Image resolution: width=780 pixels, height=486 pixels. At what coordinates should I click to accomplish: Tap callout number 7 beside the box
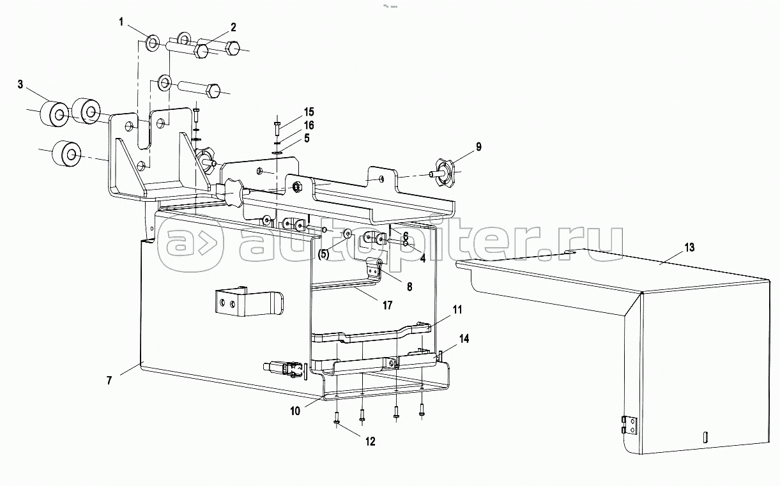[109, 381]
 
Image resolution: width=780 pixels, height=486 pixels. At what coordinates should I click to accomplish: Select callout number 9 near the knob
[478, 148]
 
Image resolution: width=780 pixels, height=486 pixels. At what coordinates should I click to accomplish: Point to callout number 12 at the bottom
[371, 441]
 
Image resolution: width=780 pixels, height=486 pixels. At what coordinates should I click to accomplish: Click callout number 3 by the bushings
[20, 84]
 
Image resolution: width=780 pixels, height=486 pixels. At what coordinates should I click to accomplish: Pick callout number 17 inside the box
[387, 305]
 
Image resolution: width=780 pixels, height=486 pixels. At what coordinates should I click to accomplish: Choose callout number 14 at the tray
[463, 339]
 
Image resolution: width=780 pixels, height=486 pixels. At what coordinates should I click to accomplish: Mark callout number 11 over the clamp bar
[457, 310]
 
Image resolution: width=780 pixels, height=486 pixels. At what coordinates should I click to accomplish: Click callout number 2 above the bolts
[233, 27]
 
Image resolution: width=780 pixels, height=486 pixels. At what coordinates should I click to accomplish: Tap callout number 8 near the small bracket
[409, 287]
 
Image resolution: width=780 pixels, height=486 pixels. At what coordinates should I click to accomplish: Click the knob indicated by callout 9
[443, 172]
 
